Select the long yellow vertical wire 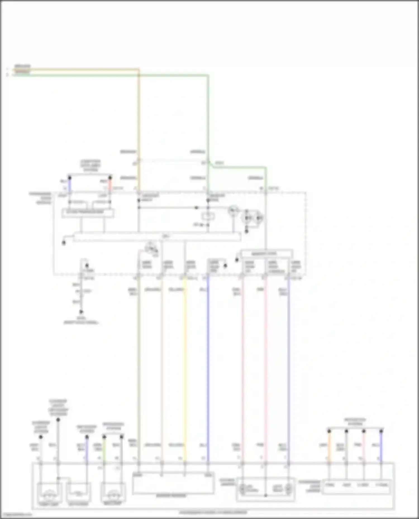click(x=185, y=363)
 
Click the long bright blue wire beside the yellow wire click(x=208, y=363)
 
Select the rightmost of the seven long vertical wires click(x=289, y=363)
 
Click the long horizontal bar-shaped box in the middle click(x=157, y=237)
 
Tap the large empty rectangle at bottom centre click(x=173, y=483)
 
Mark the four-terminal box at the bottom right click(x=356, y=487)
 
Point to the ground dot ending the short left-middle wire click(x=81, y=312)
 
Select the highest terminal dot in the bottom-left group click(x=58, y=420)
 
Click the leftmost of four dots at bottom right click(x=329, y=431)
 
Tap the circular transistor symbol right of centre click(x=233, y=211)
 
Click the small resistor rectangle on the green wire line click(x=208, y=216)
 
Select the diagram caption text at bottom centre click(x=213, y=512)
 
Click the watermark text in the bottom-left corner click(x=16, y=514)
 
